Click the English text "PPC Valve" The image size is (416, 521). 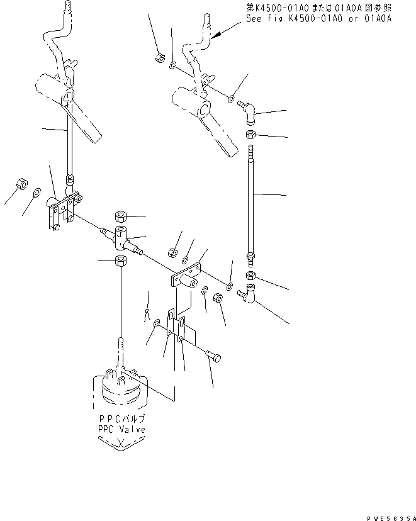pos(121,429)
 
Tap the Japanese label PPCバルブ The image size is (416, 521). pos(121,418)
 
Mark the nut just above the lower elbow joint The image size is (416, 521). pos(250,275)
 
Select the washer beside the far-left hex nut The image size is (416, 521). pos(37,193)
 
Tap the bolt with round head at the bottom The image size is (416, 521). pos(213,357)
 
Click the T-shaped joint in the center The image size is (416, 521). pos(119,238)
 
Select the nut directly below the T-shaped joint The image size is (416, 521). pos(120,260)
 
